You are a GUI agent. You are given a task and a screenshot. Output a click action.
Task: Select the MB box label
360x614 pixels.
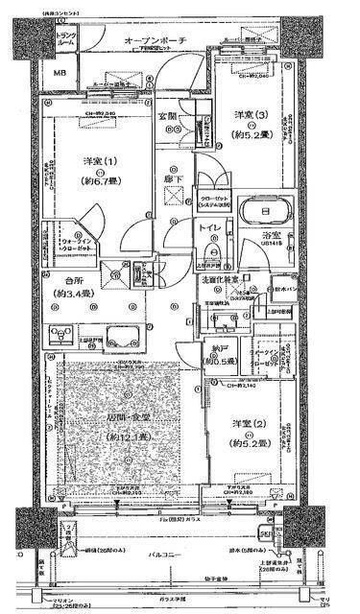click(59, 74)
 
